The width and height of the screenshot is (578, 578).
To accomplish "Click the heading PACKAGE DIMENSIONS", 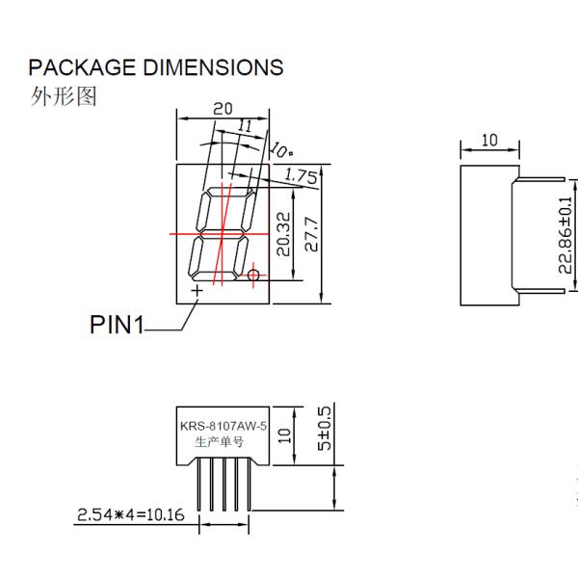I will (156, 67).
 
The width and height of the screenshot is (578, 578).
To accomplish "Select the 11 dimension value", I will (244, 126).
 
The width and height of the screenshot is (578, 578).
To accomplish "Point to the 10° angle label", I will (281, 150).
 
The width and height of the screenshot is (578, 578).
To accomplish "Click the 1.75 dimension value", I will (302, 175).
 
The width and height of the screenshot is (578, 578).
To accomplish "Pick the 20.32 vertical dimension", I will (281, 235).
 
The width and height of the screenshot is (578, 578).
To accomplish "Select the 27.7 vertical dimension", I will (311, 235).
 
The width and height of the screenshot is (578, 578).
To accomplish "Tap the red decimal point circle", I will (253, 276).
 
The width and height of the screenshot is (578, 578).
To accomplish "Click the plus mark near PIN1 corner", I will (197, 289).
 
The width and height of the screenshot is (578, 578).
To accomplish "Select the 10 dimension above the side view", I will (488, 141).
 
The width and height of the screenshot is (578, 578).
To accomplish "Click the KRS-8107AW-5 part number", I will (223, 425).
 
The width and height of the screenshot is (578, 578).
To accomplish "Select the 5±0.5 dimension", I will (325, 430).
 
